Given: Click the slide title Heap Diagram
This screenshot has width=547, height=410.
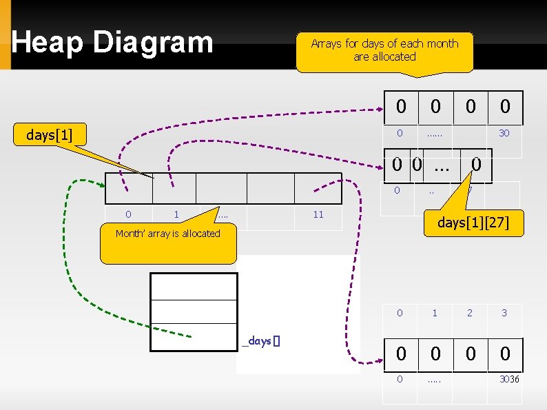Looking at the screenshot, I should coord(112,43).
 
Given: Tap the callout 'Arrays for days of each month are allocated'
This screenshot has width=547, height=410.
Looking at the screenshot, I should coord(384,50).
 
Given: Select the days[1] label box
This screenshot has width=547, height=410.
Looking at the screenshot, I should coord(50,134).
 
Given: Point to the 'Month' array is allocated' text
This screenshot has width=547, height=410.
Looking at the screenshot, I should coord(167,234).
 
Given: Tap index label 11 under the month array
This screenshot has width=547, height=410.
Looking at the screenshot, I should coord(318,215).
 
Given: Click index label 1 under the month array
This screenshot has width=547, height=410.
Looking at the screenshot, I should coord(176,215).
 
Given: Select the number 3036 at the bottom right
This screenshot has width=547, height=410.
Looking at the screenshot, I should coord(509,380).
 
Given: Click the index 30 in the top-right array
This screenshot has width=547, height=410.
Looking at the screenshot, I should coord(504,133).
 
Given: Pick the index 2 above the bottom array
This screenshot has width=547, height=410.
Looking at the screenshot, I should coord(469,314).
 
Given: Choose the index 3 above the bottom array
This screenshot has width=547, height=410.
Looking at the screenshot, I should coord(504,314).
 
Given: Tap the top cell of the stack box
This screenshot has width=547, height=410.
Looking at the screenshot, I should coord(194,287).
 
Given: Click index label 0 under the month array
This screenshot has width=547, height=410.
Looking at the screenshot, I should coord(128,215).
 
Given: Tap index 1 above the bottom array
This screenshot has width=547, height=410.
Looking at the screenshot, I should coord(435,314).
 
